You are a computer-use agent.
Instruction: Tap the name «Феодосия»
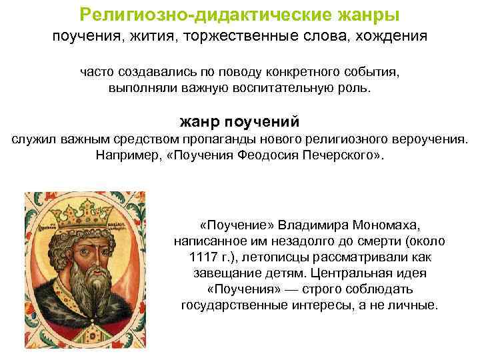(267, 156)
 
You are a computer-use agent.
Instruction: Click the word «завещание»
(247, 273)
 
